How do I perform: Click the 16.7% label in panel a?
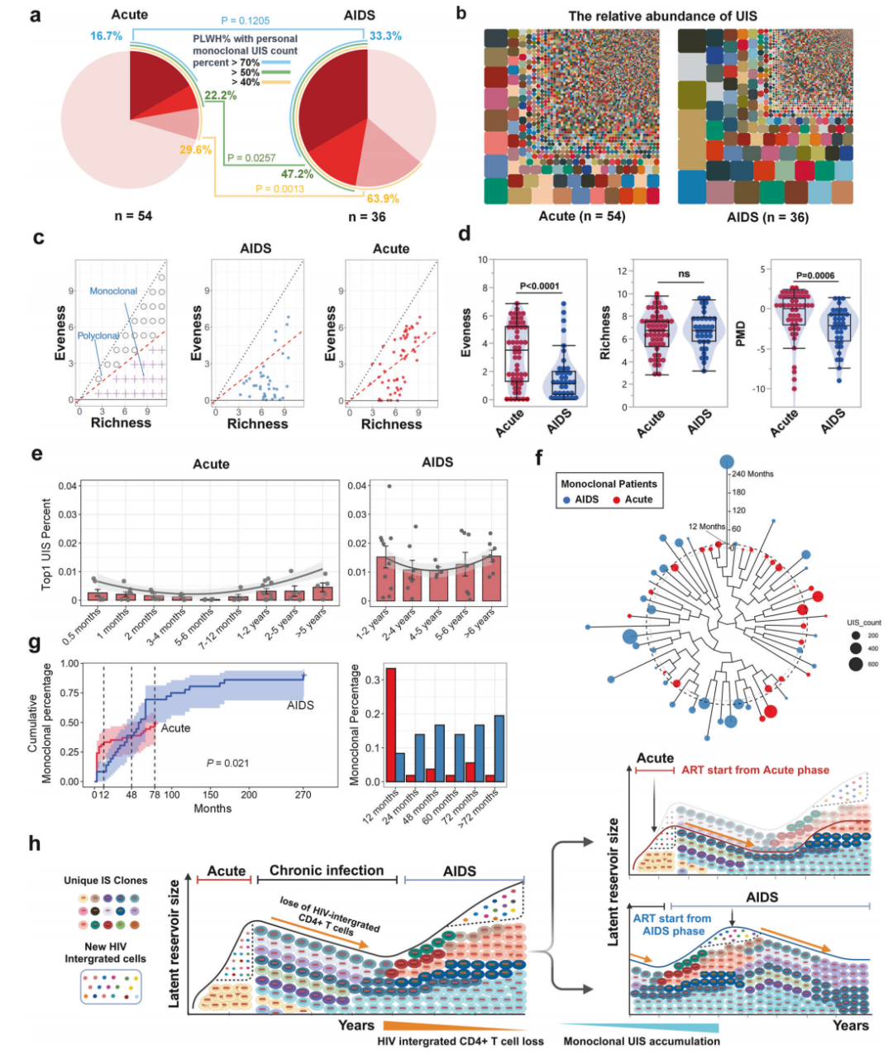[106, 36]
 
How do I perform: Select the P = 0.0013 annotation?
[279, 189]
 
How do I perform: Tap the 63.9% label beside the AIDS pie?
[383, 198]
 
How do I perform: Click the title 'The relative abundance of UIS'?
[662, 16]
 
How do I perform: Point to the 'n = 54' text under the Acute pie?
[133, 216]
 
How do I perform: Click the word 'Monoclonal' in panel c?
[113, 291]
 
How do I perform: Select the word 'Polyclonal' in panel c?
[98, 336]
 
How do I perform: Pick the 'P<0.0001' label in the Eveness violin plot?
[539, 286]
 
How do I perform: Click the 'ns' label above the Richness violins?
[684, 274]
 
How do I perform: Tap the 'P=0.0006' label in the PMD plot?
[815, 275]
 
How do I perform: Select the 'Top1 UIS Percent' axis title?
[47, 543]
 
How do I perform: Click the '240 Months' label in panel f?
[752, 474]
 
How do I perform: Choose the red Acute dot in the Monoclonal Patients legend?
[617, 499]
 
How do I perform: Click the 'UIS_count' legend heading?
[864, 623]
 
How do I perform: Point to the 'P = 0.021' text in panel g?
[227, 762]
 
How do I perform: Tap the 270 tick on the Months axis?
[303, 795]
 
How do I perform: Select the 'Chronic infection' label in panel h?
[327, 871]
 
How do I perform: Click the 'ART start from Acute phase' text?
[755, 770]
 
